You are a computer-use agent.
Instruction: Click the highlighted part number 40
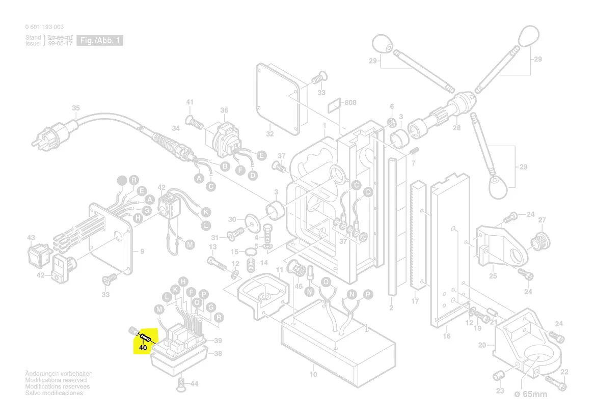click(143, 348)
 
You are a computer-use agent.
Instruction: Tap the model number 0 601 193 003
click(44, 27)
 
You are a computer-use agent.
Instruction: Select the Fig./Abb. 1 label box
click(99, 41)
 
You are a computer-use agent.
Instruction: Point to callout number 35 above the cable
click(76, 108)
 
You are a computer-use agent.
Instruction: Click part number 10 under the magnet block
click(313, 375)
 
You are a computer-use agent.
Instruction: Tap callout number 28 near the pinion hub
click(456, 128)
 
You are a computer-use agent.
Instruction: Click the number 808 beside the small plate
click(350, 102)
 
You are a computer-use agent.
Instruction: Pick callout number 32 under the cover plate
click(270, 134)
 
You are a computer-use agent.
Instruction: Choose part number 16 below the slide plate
click(447, 336)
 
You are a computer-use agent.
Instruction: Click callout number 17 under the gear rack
click(415, 301)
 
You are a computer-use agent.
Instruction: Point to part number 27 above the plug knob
click(542, 220)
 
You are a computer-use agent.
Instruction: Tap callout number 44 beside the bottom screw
click(194, 383)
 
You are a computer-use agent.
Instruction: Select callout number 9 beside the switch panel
click(142, 251)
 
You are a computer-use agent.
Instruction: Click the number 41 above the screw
click(190, 102)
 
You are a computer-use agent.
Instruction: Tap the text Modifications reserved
click(56, 380)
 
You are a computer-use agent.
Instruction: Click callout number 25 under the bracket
click(493, 276)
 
